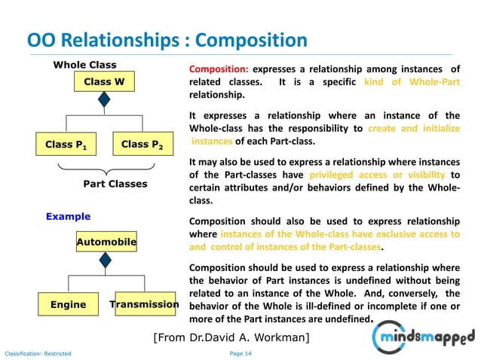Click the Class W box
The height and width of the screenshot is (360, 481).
(104, 81)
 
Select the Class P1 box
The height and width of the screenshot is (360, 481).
(66, 144)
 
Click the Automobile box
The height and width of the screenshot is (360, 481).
(106, 242)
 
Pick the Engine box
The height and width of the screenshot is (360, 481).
(69, 304)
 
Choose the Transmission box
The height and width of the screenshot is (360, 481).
(145, 304)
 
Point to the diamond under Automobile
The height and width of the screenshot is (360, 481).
(106, 260)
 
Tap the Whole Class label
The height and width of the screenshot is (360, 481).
(84, 66)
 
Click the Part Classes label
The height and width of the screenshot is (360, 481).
(115, 183)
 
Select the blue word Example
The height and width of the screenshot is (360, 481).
(68, 216)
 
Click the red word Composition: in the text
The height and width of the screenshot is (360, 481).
(219, 69)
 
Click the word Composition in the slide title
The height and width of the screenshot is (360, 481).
(246, 39)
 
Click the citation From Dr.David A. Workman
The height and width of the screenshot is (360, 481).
(231, 337)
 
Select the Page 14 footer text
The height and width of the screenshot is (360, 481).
(240, 353)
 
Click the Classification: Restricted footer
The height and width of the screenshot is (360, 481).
(38, 353)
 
